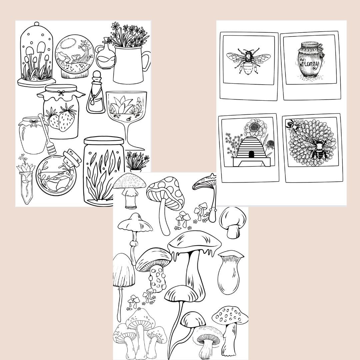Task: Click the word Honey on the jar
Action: [x=309, y=63]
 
